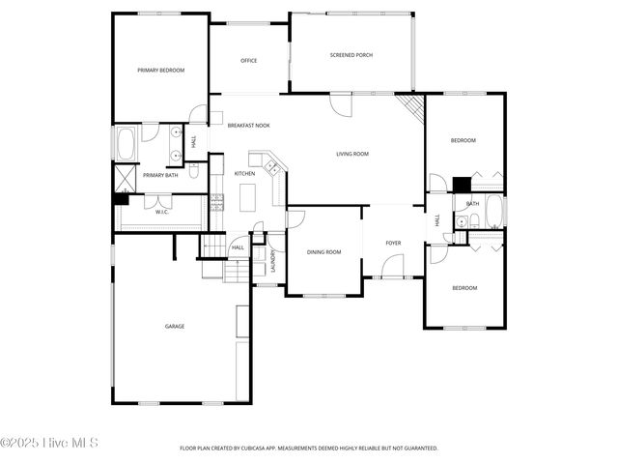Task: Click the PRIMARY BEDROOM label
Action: point(160,71)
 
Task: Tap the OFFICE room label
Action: point(248,61)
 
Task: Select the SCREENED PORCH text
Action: point(351,55)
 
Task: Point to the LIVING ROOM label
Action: point(352,154)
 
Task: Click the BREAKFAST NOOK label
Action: point(248,126)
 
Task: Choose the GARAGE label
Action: point(174,326)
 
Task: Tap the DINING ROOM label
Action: point(324,252)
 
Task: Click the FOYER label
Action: point(393,243)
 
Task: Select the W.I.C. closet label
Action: point(162,212)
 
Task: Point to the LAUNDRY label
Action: point(273,263)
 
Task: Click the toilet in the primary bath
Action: point(193,172)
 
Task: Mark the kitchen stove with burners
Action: point(217,203)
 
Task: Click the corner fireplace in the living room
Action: point(412,105)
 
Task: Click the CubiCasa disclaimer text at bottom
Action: point(309,449)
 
